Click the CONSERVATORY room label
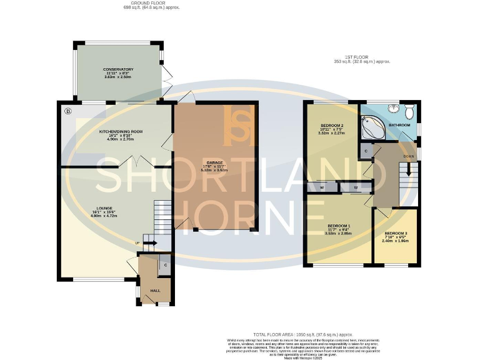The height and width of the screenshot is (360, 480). coord(119,69)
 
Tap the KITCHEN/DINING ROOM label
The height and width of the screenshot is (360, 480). coord(117,132)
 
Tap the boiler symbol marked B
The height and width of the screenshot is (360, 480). coord(67,112)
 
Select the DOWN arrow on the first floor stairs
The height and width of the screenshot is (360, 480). coord(410,169)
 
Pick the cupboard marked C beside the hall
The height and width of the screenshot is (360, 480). coord(165,265)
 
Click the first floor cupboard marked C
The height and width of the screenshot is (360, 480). coord(366,151)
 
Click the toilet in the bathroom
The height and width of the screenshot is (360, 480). coord(409,112)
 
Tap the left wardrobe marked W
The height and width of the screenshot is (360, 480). coord(321,186)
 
